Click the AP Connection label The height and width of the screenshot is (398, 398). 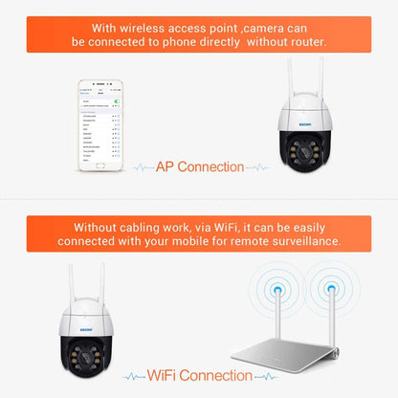pyautogui.click(x=199, y=166)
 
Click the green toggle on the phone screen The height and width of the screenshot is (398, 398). pyautogui.click(x=117, y=99)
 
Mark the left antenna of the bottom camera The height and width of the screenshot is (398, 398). pyautogui.click(x=74, y=286)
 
